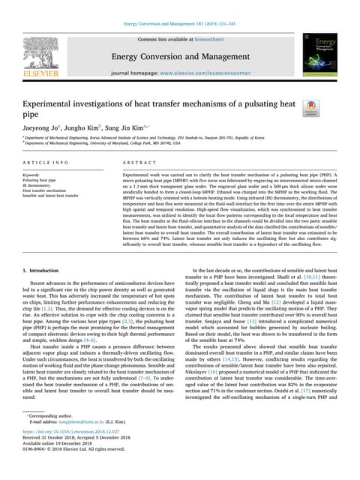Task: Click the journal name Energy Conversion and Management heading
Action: pyautogui.click(x=179, y=56)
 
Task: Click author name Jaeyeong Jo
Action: pyautogui.click(x=43, y=128)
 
